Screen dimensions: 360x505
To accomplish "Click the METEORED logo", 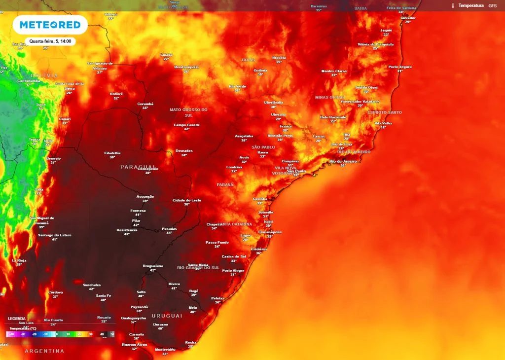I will point(50,25).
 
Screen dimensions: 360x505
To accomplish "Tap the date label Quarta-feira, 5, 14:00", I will point(50,41).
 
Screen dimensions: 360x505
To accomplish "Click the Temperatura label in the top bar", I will point(470,5).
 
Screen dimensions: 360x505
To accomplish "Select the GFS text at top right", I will point(492,6).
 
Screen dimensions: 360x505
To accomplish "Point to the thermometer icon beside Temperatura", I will point(452,6).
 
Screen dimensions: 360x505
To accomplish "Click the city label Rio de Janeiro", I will point(343,161).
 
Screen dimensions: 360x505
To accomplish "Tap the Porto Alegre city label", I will point(233,270).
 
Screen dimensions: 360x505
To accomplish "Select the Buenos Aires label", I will point(135,344).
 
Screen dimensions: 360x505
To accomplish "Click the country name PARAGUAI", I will point(138,167).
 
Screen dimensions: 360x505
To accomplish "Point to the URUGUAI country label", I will point(167,315).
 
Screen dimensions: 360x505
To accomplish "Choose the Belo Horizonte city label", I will point(333,117).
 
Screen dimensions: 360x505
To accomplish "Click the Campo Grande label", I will point(187,125).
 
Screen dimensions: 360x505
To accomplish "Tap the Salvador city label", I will point(408,18).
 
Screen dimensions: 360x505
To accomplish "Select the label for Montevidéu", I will point(165,350).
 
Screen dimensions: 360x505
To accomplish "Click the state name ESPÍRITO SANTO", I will point(385,112).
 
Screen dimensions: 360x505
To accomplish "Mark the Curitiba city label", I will point(260,199).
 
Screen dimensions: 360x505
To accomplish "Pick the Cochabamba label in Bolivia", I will point(28,81).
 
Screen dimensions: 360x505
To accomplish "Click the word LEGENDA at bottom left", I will point(17,319).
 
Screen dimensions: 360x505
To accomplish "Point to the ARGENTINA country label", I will point(44,351).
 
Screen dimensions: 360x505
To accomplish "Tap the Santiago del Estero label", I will point(55,235).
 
